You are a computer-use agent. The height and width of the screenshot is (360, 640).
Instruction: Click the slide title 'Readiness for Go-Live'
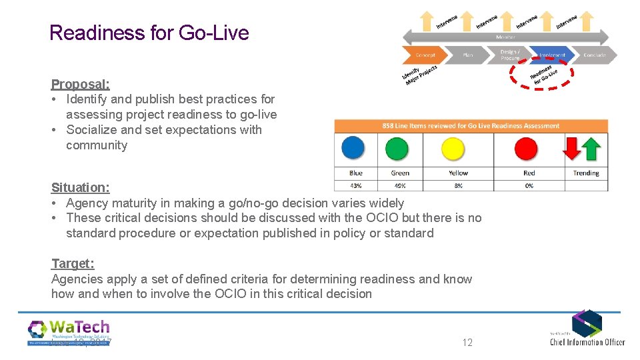(x=149, y=33)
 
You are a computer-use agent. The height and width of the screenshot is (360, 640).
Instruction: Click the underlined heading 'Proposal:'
(x=81, y=84)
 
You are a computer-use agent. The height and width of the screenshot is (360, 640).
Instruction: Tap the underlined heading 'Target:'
(x=73, y=263)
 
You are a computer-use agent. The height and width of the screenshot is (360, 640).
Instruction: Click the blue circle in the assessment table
(x=353, y=148)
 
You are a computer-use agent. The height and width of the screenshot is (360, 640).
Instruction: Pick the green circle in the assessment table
(x=397, y=148)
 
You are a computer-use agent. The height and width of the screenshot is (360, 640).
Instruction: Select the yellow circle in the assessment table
(x=454, y=148)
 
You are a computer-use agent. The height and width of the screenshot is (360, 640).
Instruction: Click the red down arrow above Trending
(x=573, y=147)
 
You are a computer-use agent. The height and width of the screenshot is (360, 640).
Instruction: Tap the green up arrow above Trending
(x=591, y=147)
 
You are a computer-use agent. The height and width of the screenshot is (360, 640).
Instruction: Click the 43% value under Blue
(x=356, y=186)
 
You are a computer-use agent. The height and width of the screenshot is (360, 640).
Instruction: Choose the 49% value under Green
(x=400, y=186)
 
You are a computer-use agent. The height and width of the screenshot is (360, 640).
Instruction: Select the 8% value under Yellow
(x=458, y=186)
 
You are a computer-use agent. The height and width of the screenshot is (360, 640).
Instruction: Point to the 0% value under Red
(x=529, y=186)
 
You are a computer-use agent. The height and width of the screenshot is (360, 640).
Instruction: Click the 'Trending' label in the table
(x=586, y=173)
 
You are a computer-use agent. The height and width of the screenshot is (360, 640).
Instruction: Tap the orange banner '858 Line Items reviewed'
(x=471, y=125)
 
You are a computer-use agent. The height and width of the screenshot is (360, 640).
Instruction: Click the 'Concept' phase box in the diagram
(x=425, y=55)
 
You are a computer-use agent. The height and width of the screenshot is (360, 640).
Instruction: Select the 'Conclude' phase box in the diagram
(x=595, y=55)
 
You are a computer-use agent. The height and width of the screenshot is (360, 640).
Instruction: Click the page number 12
(x=467, y=342)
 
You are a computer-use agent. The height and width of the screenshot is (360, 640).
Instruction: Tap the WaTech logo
(x=69, y=332)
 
